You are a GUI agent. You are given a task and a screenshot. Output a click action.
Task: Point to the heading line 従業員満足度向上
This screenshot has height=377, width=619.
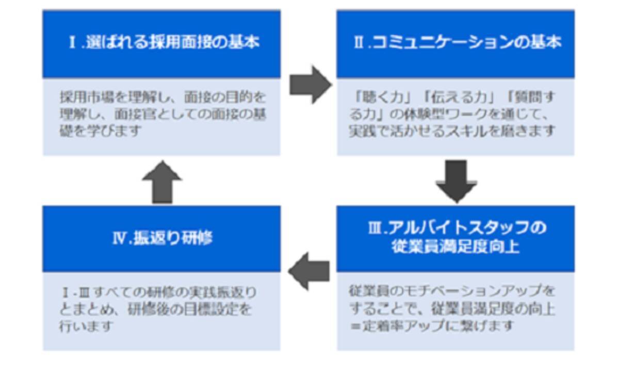pyautogui.click(x=455, y=247)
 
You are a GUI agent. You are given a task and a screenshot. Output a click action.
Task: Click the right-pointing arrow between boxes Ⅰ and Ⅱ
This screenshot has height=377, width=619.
pyautogui.click(x=309, y=84)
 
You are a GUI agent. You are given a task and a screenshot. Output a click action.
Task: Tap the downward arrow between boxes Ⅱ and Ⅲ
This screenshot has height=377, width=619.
pyautogui.click(x=456, y=181)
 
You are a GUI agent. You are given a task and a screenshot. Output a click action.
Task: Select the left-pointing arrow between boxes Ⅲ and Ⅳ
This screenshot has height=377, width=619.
pyautogui.click(x=309, y=271)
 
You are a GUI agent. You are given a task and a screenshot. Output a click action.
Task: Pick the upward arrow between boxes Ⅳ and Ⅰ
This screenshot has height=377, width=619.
pyautogui.click(x=162, y=182)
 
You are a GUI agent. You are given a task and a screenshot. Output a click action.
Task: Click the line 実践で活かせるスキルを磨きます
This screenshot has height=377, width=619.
pyautogui.click(x=452, y=131)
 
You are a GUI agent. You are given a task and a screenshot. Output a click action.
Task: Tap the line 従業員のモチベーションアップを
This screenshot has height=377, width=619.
pyautogui.click(x=452, y=291)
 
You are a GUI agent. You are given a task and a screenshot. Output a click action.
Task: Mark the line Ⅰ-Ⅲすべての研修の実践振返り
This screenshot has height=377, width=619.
pyautogui.click(x=158, y=292)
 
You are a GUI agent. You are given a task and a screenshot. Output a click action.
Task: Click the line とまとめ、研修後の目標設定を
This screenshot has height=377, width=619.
pyautogui.click(x=156, y=309)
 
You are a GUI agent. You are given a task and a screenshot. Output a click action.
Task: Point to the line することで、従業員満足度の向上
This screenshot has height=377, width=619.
pyautogui.click(x=452, y=309)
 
